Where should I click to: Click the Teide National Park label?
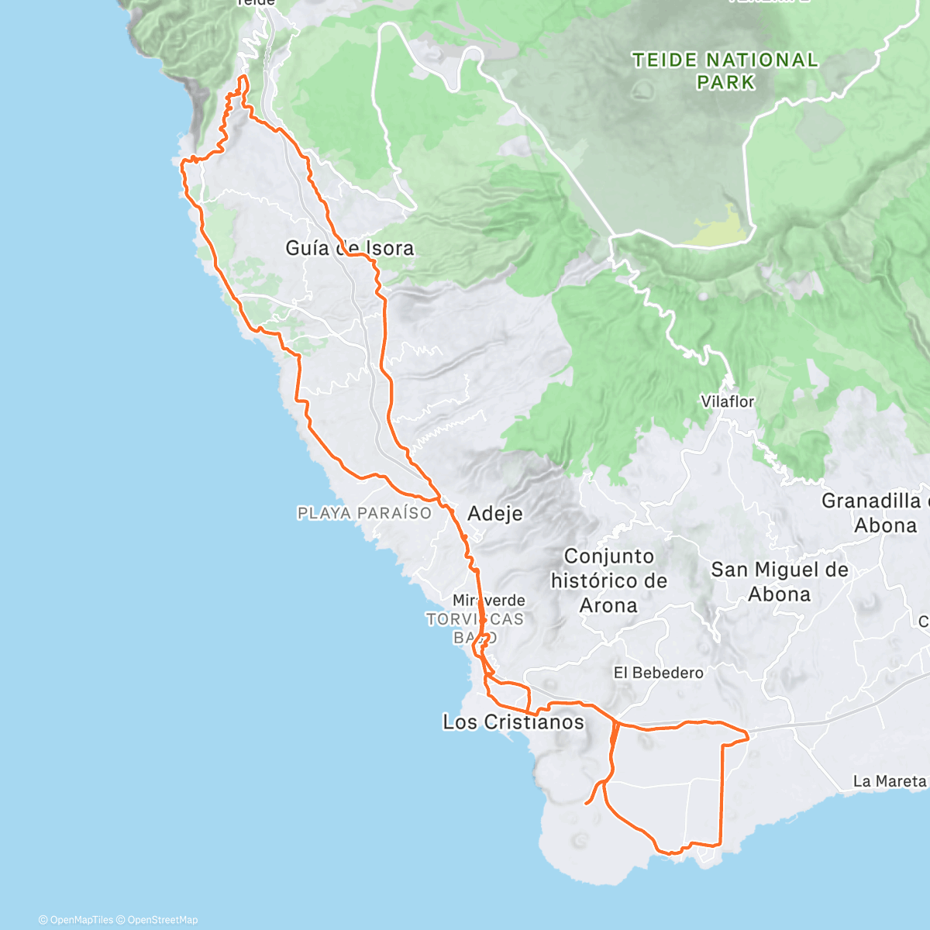[x=725, y=71]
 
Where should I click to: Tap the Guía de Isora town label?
[x=350, y=248]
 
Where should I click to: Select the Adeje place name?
[x=495, y=514]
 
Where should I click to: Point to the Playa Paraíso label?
[x=364, y=513]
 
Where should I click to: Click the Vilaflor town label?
[x=727, y=401]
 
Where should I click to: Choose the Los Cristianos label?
[x=513, y=722]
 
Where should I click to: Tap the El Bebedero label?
[x=658, y=673]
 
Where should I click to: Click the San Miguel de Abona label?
[x=780, y=582]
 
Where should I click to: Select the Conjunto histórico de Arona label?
[x=608, y=580]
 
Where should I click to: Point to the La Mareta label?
[x=889, y=781]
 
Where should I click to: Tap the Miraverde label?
[x=488, y=601]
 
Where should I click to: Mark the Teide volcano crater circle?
[x=642, y=90]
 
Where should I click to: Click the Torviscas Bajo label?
[x=474, y=629]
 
